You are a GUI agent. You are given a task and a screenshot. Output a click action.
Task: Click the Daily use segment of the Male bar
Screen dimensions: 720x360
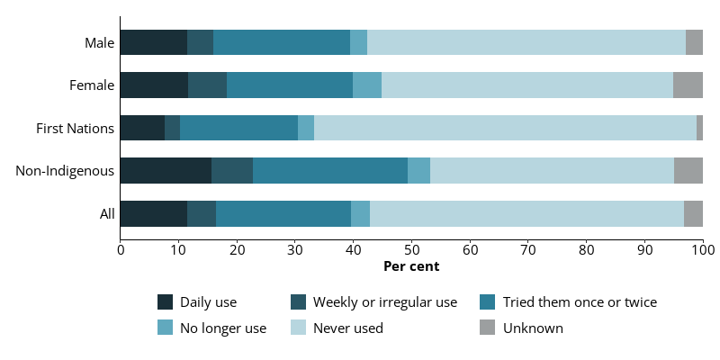(x=154, y=42)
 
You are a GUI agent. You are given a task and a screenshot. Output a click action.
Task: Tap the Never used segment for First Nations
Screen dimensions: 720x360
(x=505, y=128)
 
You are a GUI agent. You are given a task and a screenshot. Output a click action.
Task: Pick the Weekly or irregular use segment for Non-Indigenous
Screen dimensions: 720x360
(x=232, y=170)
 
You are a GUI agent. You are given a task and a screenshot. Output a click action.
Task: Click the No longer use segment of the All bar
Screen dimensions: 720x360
(x=361, y=213)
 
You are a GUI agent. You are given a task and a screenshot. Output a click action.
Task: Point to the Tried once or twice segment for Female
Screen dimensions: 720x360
(x=290, y=85)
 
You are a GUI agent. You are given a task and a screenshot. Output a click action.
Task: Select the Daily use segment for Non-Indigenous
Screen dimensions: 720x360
(x=166, y=170)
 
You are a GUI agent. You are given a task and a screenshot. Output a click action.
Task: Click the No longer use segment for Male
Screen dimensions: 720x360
(x=358, y=42)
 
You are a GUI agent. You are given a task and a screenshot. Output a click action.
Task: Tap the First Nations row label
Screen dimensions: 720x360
(x=76, y=129)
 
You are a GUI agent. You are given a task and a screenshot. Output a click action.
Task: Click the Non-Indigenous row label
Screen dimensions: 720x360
(x=65, y=171)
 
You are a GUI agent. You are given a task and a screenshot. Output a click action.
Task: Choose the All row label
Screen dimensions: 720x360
(x=107, y=214)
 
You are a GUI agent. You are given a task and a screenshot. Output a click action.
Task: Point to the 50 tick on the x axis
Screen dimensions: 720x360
(x=411, y=241)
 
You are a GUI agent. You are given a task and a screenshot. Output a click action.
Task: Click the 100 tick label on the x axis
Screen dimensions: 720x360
(x=703, y=250)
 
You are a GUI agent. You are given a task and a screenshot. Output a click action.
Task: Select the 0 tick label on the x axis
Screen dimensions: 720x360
(x=121, y=250)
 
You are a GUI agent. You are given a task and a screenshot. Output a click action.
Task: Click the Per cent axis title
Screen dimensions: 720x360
(x=411, y=266)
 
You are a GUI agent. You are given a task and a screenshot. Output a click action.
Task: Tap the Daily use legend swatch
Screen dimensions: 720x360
(x=166, y=302)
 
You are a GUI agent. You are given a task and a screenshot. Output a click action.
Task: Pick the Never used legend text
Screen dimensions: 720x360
(x=348, y=328)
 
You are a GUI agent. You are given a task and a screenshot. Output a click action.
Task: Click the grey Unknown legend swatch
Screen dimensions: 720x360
(x=487, y=328)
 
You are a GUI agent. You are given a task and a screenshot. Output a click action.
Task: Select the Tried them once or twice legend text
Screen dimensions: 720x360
(x=580, y=302)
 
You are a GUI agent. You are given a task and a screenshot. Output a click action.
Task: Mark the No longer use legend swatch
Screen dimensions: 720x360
(x=166, y=328)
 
